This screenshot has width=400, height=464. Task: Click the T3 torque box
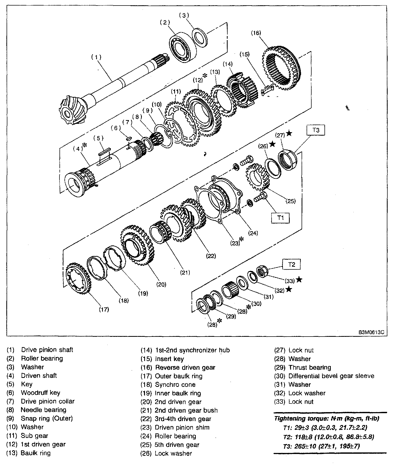point(316,130)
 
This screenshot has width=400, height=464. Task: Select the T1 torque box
point(281,218)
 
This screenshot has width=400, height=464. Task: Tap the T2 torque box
point(292,264)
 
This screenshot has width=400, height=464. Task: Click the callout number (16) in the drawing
point(256,33)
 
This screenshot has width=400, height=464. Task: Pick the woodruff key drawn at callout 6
point(128,138)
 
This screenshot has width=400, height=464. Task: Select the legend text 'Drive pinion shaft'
point(47,350)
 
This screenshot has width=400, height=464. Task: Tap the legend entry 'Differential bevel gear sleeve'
point(331,376)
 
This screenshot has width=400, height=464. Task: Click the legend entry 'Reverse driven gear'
point(185,367)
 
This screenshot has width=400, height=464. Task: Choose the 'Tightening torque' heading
point(327,418)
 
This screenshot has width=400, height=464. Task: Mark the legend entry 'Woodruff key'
point(41,393)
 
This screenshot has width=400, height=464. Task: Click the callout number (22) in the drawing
point(211,256)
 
